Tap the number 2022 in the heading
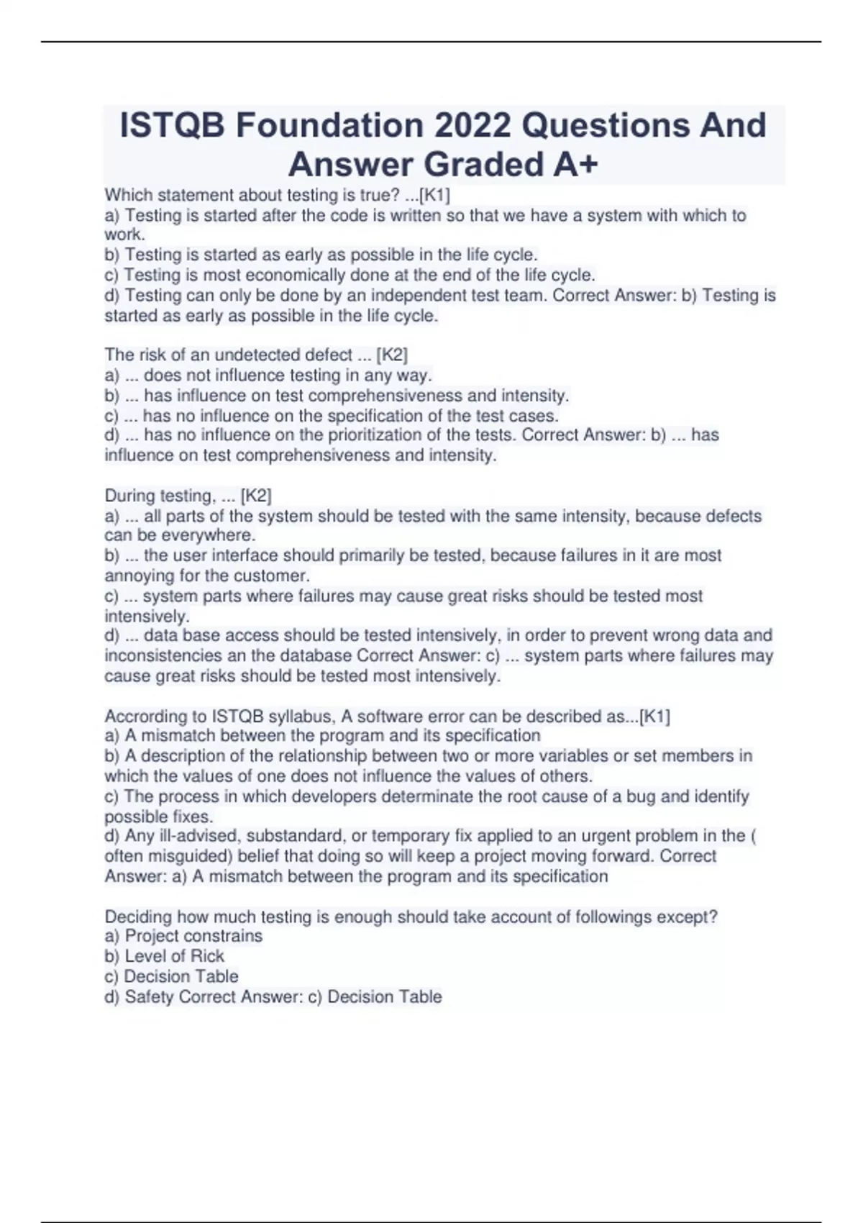tap(473, 125)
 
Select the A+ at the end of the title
tap(575, 165)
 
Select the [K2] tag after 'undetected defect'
tap(392, 355)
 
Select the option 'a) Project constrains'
tap(183, 936)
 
